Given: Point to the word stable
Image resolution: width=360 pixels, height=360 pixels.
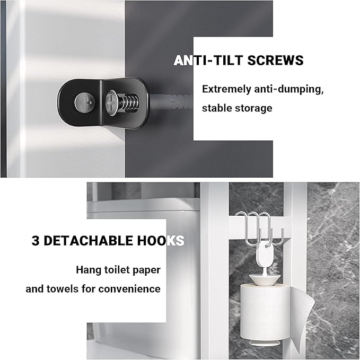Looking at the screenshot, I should click(216, 108).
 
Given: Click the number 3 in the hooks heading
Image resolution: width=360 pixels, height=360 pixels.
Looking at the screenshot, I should click(36, 241).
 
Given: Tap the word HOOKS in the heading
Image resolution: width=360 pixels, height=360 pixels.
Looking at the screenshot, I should click(161, 241).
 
